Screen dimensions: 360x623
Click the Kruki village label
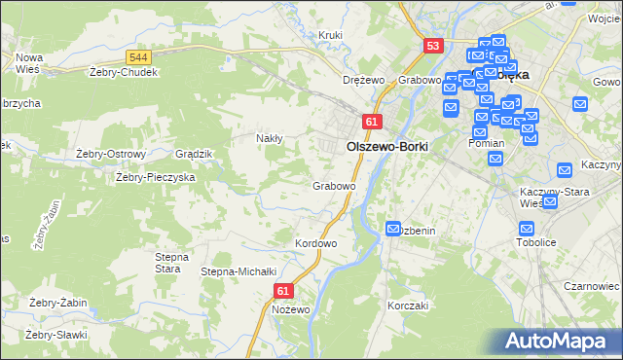pos(331,36)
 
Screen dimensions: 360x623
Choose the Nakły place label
pos(269,138)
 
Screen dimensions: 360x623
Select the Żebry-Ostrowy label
pos(110,154)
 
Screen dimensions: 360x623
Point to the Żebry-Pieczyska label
pos(156,178)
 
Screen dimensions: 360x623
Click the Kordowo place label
pos(315,242)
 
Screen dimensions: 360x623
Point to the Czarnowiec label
pos(592,287)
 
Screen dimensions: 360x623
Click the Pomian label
pos(486,143)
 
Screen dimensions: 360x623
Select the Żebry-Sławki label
pos(56,335)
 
